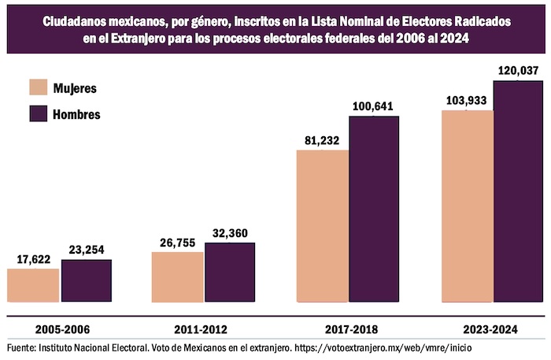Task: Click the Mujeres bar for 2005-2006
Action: [33, 285]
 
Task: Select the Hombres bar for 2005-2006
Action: [87, 280]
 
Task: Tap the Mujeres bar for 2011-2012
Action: [177, 277]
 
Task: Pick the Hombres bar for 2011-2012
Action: [230, 273]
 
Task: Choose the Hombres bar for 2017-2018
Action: [375, 209]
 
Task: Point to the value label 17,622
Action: [33, 258]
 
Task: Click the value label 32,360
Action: [230, 233]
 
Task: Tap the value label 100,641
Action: [373, 106]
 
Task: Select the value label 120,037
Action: [519, 72]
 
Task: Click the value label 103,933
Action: [467, 101]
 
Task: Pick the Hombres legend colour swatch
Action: [39, 113]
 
